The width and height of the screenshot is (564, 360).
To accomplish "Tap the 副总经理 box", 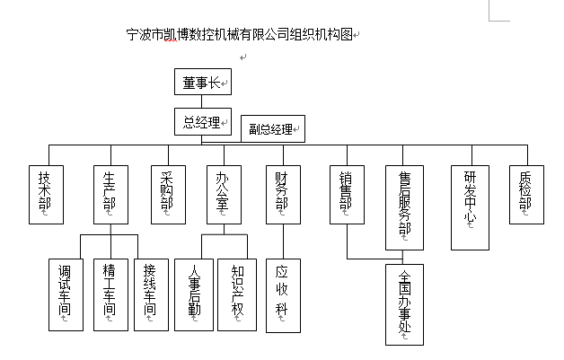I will coord(273,128).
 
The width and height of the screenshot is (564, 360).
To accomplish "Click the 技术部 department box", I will coord(46,194).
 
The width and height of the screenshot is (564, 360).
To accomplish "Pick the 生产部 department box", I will coord(110,194).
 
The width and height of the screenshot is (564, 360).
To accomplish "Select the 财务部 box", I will coord(282,194).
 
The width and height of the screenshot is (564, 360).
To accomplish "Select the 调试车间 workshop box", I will coord(66,295).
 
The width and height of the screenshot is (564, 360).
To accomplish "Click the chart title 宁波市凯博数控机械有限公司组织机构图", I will coord(242,36).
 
